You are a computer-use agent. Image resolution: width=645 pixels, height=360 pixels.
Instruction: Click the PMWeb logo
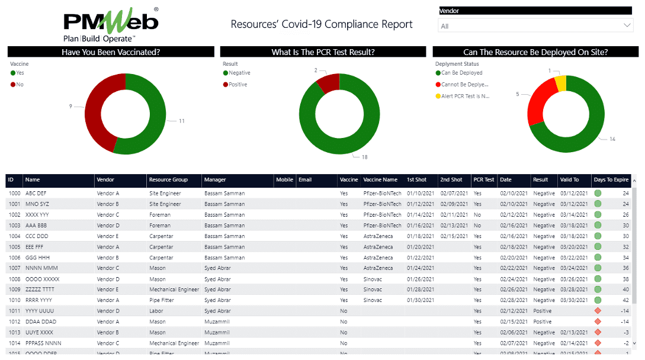point(110,24)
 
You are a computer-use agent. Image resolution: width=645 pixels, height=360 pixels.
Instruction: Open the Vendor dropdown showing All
point(535,25)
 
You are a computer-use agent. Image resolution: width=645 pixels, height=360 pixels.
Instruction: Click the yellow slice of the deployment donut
point(561,82)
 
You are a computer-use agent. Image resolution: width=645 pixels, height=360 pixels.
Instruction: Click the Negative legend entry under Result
point(239,73)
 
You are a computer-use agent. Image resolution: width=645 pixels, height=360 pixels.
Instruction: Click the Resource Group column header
point(168,180)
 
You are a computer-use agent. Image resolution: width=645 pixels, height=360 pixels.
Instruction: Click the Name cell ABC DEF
point(36,194)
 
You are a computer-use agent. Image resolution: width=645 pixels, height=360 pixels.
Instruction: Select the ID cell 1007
point(14,268)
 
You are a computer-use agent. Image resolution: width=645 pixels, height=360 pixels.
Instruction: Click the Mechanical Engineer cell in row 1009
point(174,290)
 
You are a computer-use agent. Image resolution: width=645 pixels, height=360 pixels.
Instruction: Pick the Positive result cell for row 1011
point(542,311)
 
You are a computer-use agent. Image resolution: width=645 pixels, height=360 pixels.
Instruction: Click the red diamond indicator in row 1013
point(598,332)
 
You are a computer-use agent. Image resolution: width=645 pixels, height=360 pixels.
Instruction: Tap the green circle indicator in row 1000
point(598,194)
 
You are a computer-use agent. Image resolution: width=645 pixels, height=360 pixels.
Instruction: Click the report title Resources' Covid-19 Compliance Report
point(322,24)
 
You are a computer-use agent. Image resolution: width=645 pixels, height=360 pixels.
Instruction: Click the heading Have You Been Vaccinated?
point(111,52)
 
